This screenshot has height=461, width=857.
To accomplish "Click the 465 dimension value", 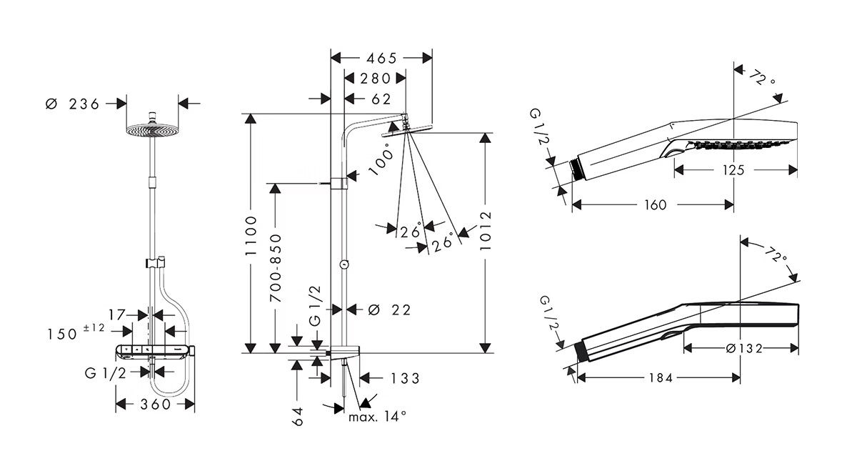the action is pos(381,59).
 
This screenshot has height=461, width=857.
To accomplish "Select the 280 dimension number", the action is pos(375,79).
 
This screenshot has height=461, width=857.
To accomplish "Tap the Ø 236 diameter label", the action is pos(72,104).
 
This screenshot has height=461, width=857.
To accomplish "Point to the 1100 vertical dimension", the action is pos(251,235).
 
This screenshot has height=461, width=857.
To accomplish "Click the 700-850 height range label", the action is pos(276,268).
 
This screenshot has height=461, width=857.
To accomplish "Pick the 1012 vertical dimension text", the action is pos(485,231).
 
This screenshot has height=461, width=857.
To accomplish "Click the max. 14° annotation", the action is pos(377,416).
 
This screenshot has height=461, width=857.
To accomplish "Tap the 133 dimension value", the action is pos(405,379).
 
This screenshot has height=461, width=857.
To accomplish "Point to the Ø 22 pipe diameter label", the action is pos(389,309).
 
